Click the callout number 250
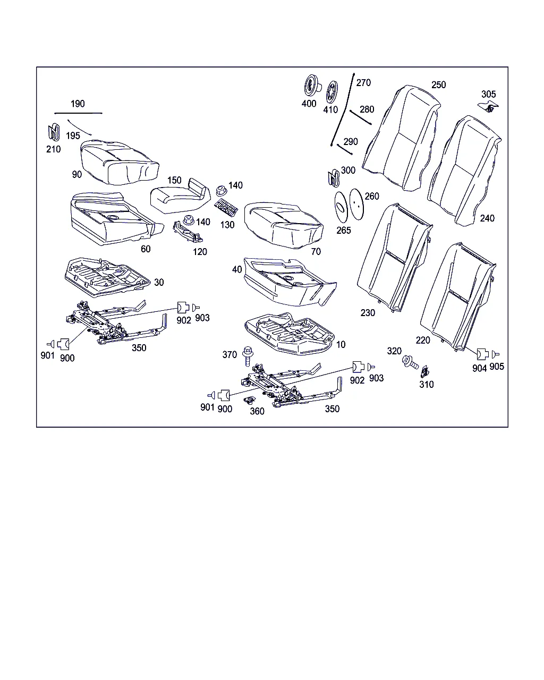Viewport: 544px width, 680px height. pos(439,85)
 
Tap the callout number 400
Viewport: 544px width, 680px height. pos(309,104)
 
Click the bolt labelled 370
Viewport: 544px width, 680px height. pos(247,355)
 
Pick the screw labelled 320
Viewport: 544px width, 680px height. pos(410,363)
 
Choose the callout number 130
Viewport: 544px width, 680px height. pos(227,225)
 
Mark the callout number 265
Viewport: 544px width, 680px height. pos(344,231)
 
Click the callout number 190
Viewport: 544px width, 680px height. pos(78,104)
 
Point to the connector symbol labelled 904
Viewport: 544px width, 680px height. pos(480,355)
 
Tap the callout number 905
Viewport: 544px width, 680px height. pos(497,367)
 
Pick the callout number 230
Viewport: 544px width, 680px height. pos(368,313)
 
